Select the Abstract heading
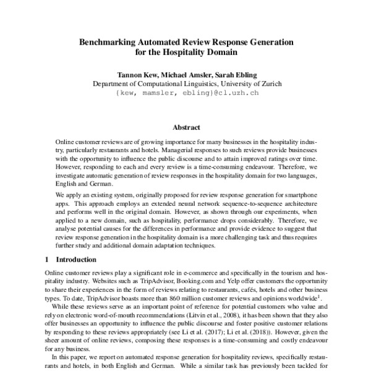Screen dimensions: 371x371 tap(185, 127)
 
